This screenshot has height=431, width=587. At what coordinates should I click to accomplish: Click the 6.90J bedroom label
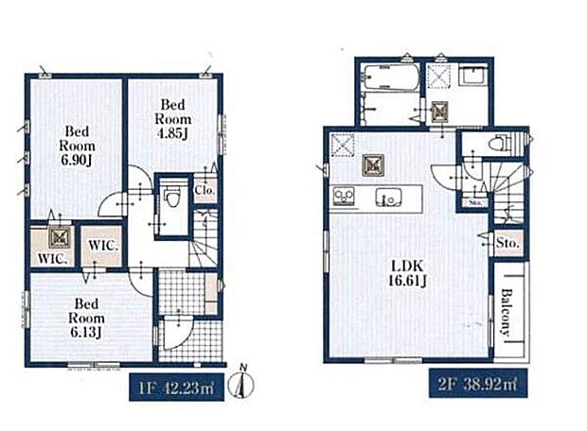[77, 146]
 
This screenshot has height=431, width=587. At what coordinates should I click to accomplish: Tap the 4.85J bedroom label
[172, 119]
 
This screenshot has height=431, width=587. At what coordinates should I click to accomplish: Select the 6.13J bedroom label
[86, 318]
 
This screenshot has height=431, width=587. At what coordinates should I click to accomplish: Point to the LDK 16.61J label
[407, 273]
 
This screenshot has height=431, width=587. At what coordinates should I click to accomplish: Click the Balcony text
[507, 312]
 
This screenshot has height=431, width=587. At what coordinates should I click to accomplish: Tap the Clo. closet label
[205, 190]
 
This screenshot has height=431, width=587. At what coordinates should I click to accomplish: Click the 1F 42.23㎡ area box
[176, 388]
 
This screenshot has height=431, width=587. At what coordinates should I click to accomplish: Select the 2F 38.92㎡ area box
[478, 383]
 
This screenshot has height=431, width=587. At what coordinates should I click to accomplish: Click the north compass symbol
[241, 382]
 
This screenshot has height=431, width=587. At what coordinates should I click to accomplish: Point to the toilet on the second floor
[500, 143]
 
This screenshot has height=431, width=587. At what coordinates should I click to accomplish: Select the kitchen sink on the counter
[389, 197]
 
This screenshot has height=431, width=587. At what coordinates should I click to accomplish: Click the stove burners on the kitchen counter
[344, 196]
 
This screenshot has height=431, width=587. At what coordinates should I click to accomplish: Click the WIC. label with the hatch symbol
[52, 259]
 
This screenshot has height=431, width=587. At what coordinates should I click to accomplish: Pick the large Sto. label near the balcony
[507, 243]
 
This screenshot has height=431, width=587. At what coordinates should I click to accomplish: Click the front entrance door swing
[178, 333]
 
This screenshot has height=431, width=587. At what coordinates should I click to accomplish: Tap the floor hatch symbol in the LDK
[373, 164]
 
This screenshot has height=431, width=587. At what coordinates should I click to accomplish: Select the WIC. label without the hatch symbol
[103, 246]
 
